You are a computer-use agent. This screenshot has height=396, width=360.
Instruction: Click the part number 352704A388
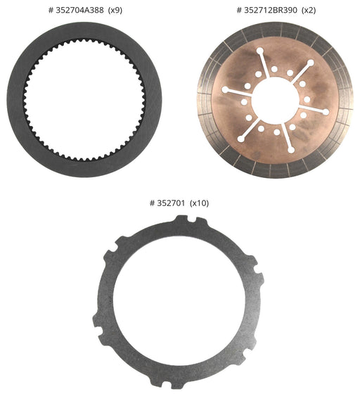tap(79, 11)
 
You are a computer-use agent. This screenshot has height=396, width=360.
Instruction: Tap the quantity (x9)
tap(115, 11)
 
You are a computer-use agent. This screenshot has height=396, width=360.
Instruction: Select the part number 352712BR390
tap(271, 11)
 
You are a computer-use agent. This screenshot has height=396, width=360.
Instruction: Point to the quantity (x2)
tap(309, 11)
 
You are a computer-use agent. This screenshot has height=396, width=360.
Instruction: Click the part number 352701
tap(171, 203)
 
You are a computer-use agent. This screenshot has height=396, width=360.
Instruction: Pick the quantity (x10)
tap(200, 203)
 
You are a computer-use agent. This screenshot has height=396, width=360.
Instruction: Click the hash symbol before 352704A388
tap(51, 11)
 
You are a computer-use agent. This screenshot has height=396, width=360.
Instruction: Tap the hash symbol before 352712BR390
tap(239, 11)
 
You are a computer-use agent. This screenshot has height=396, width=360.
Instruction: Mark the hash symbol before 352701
tap(153, 203)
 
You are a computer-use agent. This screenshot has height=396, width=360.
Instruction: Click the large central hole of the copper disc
tap(275, 101)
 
